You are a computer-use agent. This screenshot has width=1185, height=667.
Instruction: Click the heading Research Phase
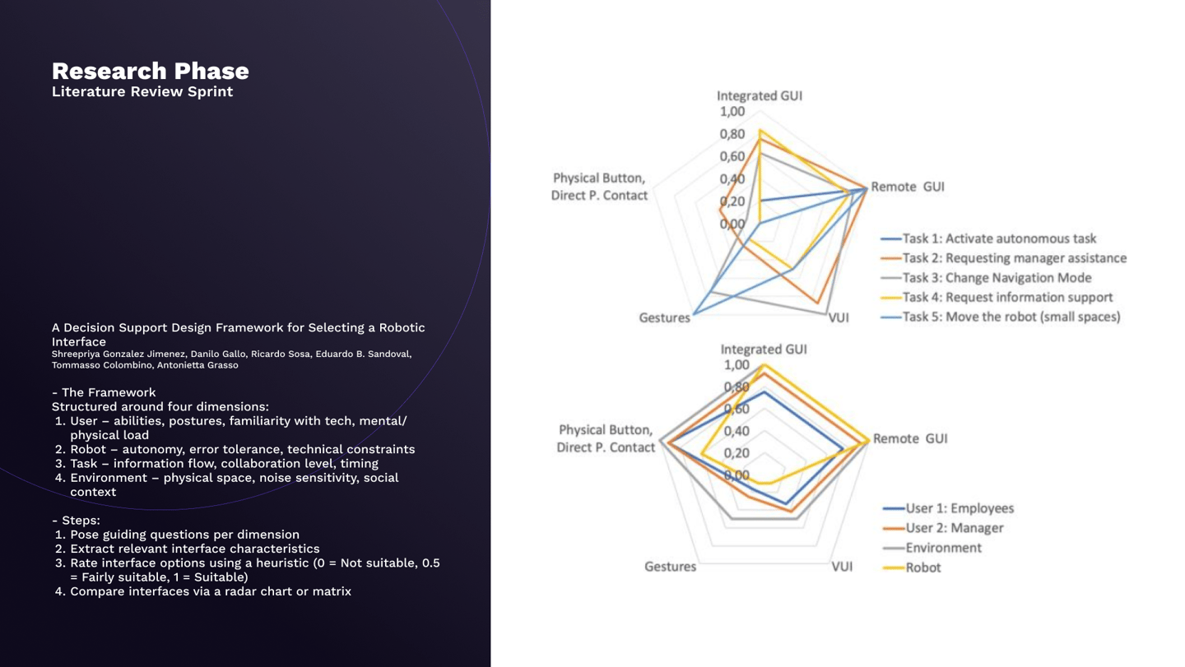(150, 71)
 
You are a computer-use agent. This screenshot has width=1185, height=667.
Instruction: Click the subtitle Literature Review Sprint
(142, 91)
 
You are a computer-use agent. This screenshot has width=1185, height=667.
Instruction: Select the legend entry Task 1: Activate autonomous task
(999, 239)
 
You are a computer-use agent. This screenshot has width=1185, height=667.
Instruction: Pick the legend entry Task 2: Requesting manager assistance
(1014, 258)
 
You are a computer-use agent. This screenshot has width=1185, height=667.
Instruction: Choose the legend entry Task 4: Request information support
(1007, 297)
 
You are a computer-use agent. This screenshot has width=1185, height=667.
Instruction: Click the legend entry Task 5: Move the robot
(1011, 317)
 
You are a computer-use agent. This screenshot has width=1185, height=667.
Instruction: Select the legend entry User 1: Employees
(960, 508)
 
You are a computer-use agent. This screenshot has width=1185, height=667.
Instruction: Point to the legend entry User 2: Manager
(954, 528)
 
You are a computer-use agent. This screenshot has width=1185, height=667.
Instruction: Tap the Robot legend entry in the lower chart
(922, 567)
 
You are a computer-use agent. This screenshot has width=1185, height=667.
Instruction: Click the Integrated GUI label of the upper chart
(759, 95)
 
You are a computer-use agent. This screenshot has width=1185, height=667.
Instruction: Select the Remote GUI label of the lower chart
(909, 438)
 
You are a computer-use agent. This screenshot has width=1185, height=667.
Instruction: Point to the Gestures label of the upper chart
(664, 317)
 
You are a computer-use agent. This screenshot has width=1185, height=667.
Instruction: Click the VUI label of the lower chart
(841, 567)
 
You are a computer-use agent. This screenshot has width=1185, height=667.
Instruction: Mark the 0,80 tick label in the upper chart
(732, 134)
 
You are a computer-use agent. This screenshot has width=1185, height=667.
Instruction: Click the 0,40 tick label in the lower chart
(736, 431)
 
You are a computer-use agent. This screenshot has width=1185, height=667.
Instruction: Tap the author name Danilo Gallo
(217, 354)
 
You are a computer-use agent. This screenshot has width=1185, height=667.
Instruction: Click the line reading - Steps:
(76, 520)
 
